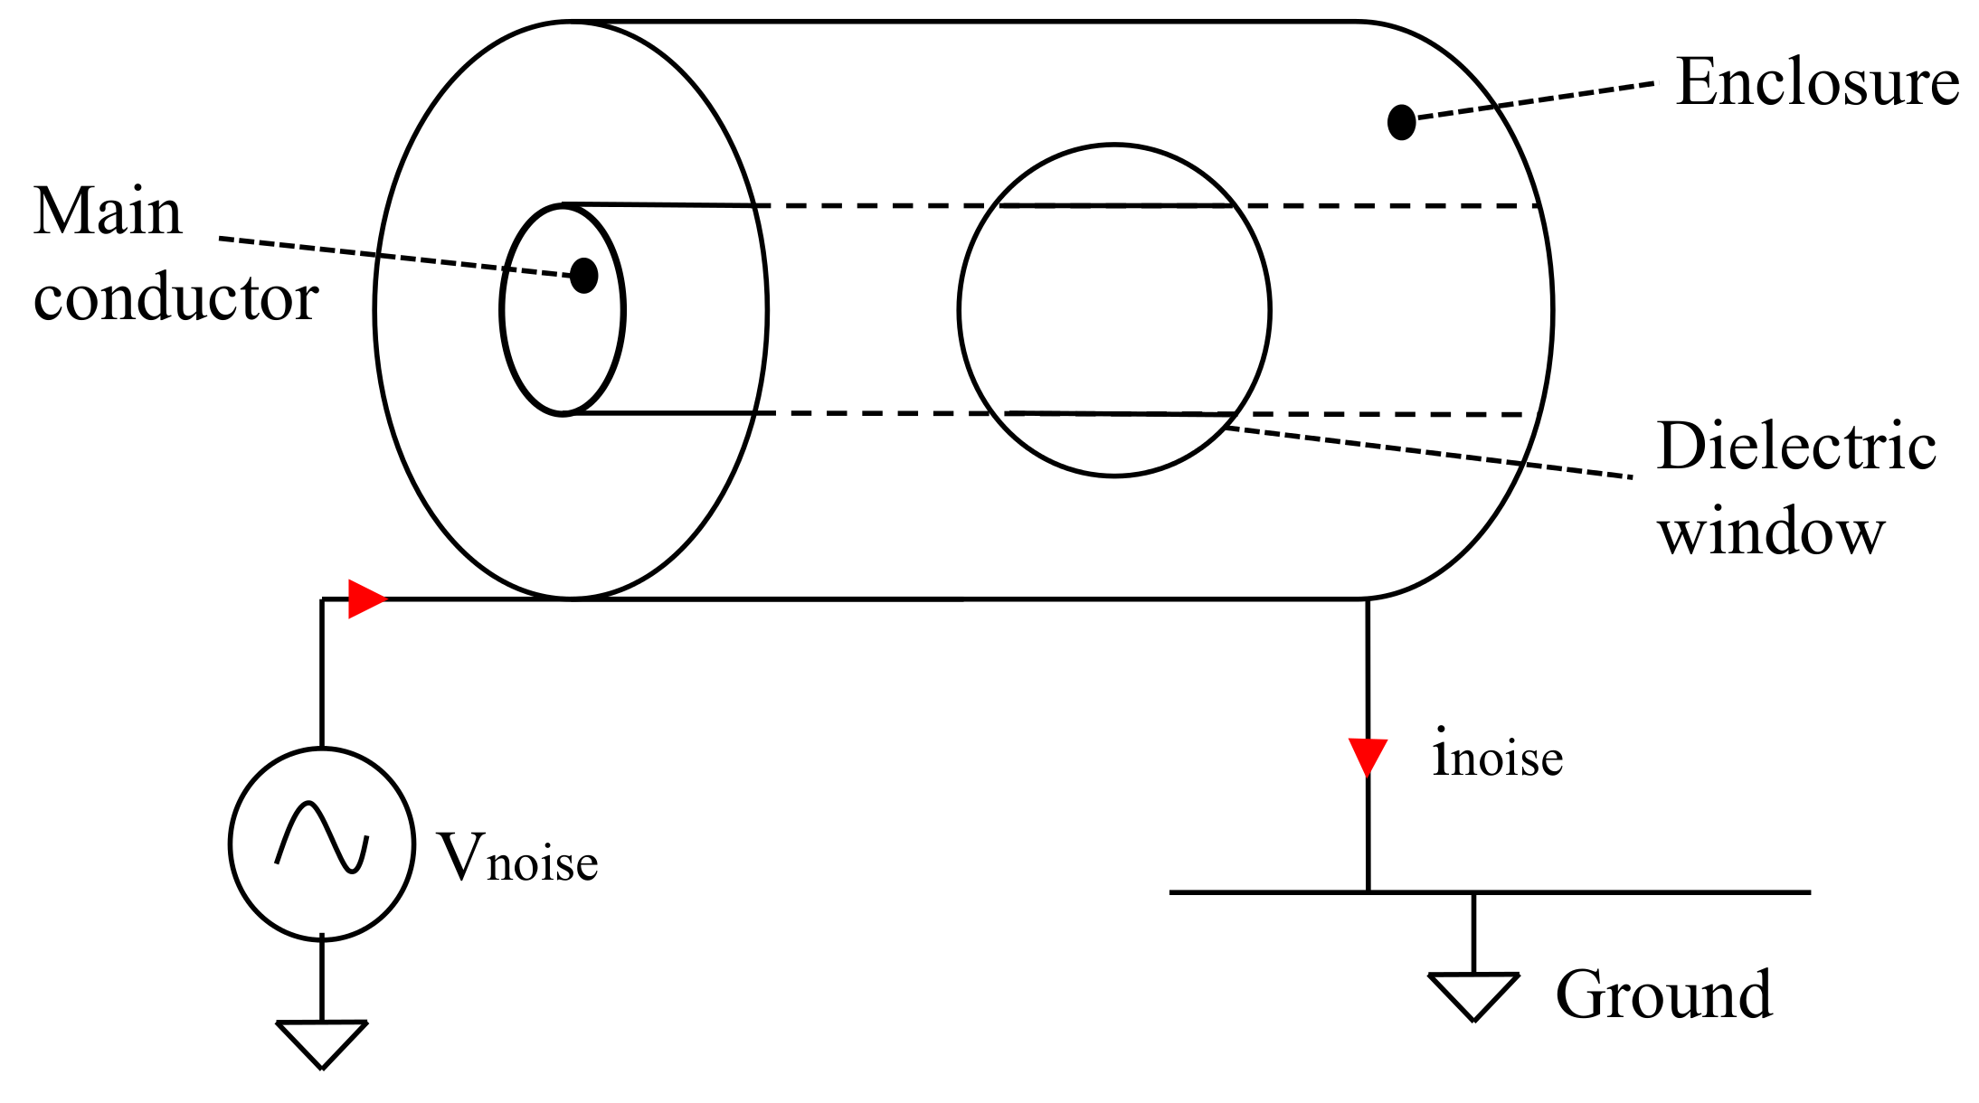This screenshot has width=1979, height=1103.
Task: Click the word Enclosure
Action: pos(1816,83)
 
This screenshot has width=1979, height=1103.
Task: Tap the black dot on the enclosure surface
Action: pos(1401,122)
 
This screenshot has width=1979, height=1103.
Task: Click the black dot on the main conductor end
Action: pos(583,275)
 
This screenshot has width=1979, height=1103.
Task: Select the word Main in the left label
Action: pos(108,212)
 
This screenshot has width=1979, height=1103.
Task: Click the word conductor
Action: pos(175,298)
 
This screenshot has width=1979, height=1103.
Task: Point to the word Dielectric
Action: pos(1795,447)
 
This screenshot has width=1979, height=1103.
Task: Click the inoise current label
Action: pos(1497,755)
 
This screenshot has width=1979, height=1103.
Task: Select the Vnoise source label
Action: pos(517,857)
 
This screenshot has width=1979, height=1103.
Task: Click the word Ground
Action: pos(1663,995)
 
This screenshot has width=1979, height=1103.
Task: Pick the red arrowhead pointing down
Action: pos(1368,756)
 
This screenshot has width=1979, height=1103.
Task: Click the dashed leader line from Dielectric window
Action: pos(1429,452)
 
